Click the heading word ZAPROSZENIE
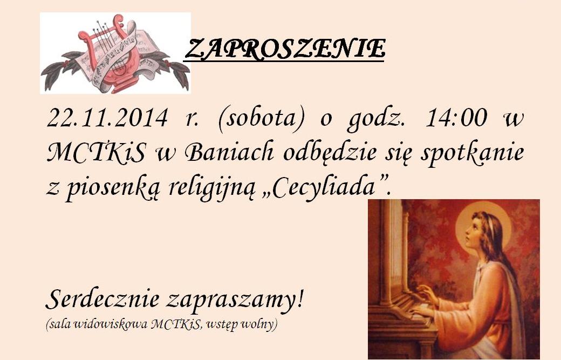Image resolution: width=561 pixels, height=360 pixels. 285,49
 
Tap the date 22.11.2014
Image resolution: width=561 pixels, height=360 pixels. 107,118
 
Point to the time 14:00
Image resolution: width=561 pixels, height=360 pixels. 456,118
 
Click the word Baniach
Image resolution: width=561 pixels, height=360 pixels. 229,152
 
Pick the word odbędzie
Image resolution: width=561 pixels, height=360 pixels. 330,153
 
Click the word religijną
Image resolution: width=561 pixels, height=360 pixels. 212,187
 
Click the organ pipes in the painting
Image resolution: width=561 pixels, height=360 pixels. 394,247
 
